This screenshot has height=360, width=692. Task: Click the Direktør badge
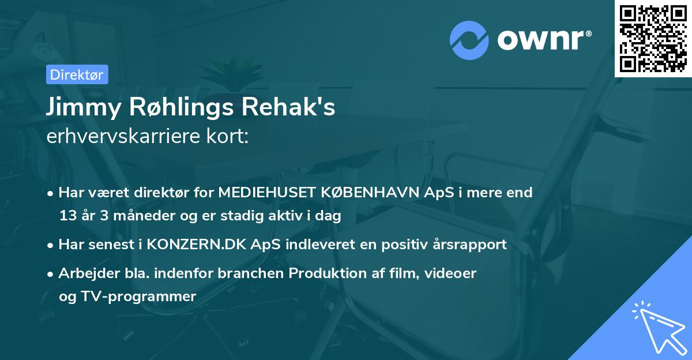tap(77, 74)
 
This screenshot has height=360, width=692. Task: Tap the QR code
tap(653, 39)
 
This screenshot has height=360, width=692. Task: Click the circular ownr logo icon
tap(469, 40)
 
